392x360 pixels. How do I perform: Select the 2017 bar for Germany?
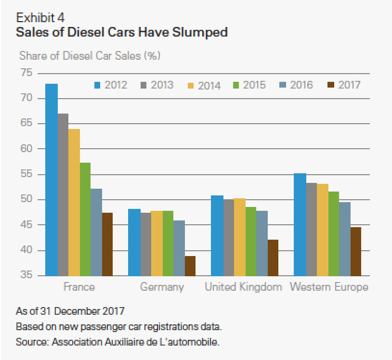pos(190,266)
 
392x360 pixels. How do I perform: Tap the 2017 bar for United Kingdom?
pos(273,257)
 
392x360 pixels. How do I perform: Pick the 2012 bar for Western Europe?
pos(300,224)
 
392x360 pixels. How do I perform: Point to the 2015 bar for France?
pos(85,219)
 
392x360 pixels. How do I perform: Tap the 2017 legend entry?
pos(344,85)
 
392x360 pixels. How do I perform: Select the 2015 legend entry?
pos(249,85)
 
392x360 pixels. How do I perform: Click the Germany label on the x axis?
pos(162,287)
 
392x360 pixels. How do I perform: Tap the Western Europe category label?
pos(329,287)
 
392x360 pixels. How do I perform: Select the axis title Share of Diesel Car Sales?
pos(90,55)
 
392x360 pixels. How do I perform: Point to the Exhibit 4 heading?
pos(40,18)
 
